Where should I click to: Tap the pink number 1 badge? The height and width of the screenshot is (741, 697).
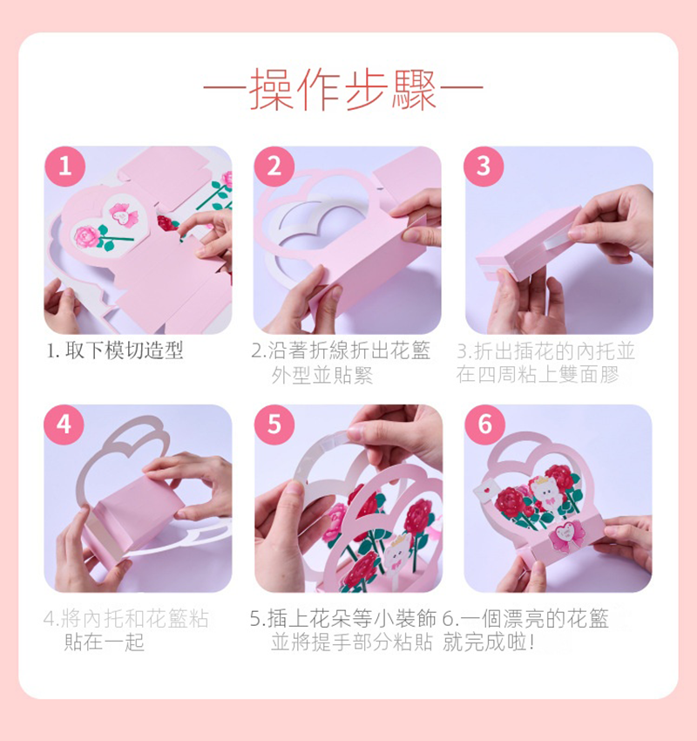point(65,167)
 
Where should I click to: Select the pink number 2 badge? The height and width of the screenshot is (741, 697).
point(274,167)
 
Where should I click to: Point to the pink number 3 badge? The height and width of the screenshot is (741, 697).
point(484,167)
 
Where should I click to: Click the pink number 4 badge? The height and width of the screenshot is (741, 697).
point(64,425)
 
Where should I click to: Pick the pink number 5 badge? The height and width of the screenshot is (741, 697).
point(274,425)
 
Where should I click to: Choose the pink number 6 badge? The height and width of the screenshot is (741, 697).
point(485,425)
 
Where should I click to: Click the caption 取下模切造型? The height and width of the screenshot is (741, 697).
point(124,350)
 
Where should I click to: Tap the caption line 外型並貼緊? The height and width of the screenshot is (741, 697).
point(322,375)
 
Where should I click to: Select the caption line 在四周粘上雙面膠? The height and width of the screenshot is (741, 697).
point(538,374)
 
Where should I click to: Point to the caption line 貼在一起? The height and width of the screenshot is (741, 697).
point(104,642)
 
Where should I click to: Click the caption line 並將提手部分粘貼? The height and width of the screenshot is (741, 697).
point(352,642)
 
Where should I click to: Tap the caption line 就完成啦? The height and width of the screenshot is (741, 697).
point(488,642)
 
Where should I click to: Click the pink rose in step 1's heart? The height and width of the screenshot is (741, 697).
point(87,236)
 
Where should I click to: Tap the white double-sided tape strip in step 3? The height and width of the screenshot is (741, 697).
point(558,241)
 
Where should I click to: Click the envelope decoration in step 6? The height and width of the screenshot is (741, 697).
point(485,491)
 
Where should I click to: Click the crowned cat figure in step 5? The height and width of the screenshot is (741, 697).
point(396,553)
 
